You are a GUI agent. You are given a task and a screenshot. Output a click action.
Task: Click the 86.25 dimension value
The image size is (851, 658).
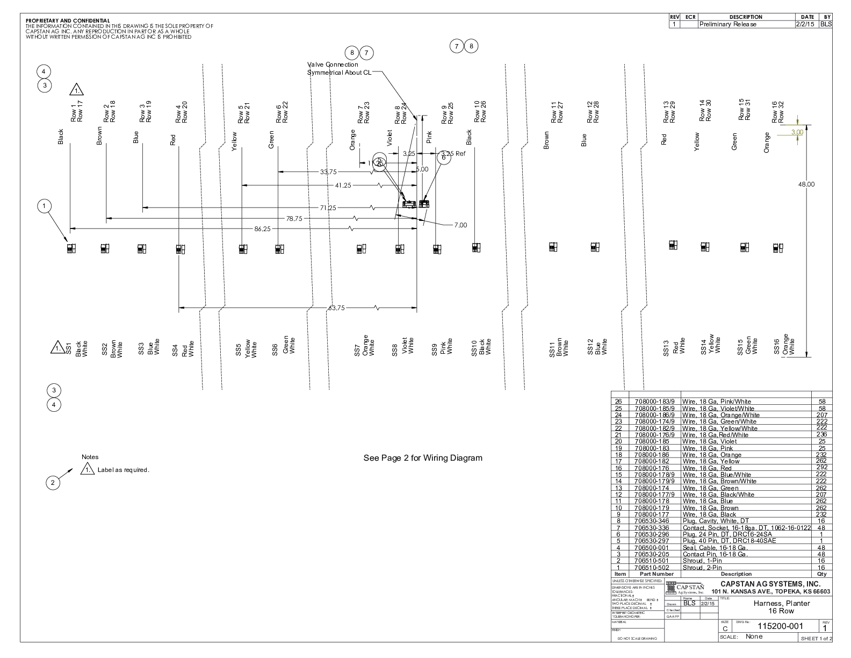262,229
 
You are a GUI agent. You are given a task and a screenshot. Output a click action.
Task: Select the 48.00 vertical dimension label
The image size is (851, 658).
806,184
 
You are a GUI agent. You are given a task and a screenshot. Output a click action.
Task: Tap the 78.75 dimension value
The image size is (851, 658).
294,219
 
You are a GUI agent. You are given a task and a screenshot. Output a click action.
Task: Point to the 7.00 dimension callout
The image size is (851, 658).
460,225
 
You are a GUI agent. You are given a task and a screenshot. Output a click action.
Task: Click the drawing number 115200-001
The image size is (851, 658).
780,626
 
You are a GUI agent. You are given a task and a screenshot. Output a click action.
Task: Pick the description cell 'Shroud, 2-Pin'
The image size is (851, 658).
702,568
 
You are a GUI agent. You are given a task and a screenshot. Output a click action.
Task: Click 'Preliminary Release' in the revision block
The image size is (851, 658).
727,24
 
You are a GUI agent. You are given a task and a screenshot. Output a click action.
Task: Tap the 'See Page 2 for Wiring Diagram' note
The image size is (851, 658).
423,458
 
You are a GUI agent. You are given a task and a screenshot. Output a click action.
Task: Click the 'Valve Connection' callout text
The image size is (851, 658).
333,65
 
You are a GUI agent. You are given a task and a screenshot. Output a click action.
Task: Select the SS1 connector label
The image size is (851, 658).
69,348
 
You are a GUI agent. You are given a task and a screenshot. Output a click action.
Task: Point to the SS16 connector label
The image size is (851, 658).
776,348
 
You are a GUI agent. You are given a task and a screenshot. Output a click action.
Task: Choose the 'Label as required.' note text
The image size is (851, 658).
123,470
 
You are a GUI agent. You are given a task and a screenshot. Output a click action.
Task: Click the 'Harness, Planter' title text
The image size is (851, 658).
781,603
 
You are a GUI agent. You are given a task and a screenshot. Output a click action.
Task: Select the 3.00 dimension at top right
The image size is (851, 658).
797,132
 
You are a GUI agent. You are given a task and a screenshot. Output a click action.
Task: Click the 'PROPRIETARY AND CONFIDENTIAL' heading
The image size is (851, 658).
68,21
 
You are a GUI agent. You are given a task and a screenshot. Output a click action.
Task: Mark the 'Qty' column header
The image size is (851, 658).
821,574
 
